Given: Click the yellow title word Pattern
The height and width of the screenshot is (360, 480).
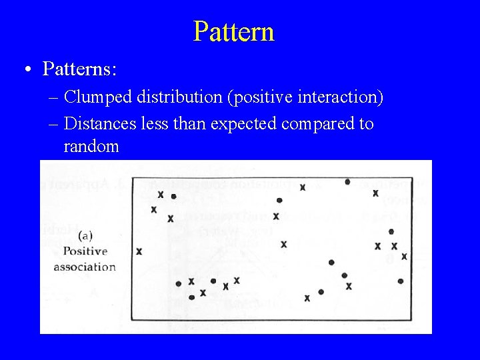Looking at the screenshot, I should [234, 31].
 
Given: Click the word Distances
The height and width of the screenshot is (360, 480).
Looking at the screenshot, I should [103, 123].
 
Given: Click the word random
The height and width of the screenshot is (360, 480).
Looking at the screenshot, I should [91, 146].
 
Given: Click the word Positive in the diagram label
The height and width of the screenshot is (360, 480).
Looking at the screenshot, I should [85, 251].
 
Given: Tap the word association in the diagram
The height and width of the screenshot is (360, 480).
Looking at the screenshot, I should [85, 267].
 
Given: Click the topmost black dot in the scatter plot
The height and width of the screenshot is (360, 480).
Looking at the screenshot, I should [347, 181].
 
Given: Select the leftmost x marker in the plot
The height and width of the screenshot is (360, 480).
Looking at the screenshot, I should [139, 251].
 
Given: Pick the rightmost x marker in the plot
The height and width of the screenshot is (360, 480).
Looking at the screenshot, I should [404, 256].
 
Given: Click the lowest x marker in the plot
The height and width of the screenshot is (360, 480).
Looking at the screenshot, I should [307, 298].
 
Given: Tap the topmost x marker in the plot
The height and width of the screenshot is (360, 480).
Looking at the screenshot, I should [303, 187].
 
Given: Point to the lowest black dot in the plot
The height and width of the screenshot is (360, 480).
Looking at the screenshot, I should [191, 297].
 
